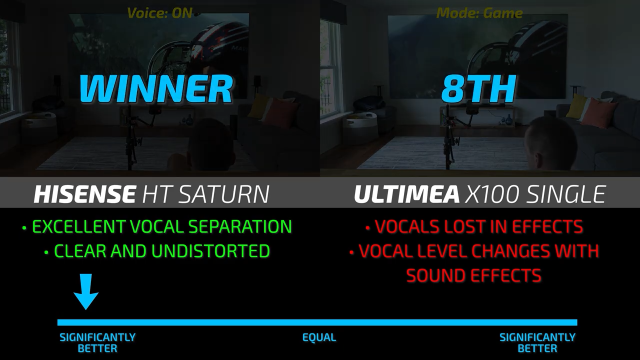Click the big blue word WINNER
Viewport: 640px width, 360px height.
point(155,88)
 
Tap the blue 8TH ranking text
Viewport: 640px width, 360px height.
point(478,88)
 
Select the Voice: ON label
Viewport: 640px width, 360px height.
point(159,13)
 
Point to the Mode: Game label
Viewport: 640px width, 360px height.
point(479,13)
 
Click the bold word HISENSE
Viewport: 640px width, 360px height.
point(84,194)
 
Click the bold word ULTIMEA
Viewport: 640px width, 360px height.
point(406,194)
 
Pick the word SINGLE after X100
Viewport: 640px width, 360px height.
point(566,194)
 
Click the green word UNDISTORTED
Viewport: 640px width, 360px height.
point(210,251)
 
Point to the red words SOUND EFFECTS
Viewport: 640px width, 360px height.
point(473,275)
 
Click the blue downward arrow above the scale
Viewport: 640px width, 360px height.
point(86,291)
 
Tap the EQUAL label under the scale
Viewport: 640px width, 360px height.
point(319,337)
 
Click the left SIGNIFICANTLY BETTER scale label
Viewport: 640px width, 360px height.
point(97,343)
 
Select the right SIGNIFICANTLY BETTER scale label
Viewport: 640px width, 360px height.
point(537,343)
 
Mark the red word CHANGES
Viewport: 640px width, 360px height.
point(511,251)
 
